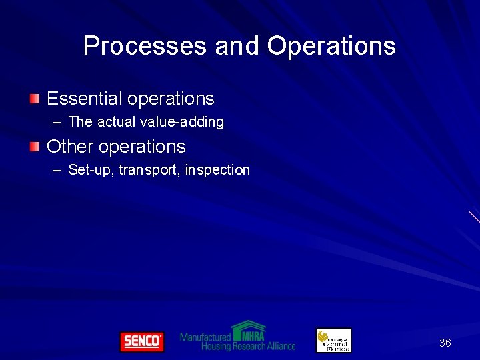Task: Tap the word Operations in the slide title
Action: (331, 46)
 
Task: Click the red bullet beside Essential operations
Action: (34, 99)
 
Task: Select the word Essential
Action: (85, 99)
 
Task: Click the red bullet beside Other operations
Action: (34, 147)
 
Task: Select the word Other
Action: (70, 147)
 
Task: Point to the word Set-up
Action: (91, 170)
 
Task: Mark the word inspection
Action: (217, 170)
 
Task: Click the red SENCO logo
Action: (141, 341)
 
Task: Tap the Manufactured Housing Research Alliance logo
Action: (237, 337)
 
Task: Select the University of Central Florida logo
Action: (333, 340)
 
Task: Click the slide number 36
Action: (445, 343)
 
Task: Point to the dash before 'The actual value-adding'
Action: (57, 123)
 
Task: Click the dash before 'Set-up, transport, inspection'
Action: (57, 171)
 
